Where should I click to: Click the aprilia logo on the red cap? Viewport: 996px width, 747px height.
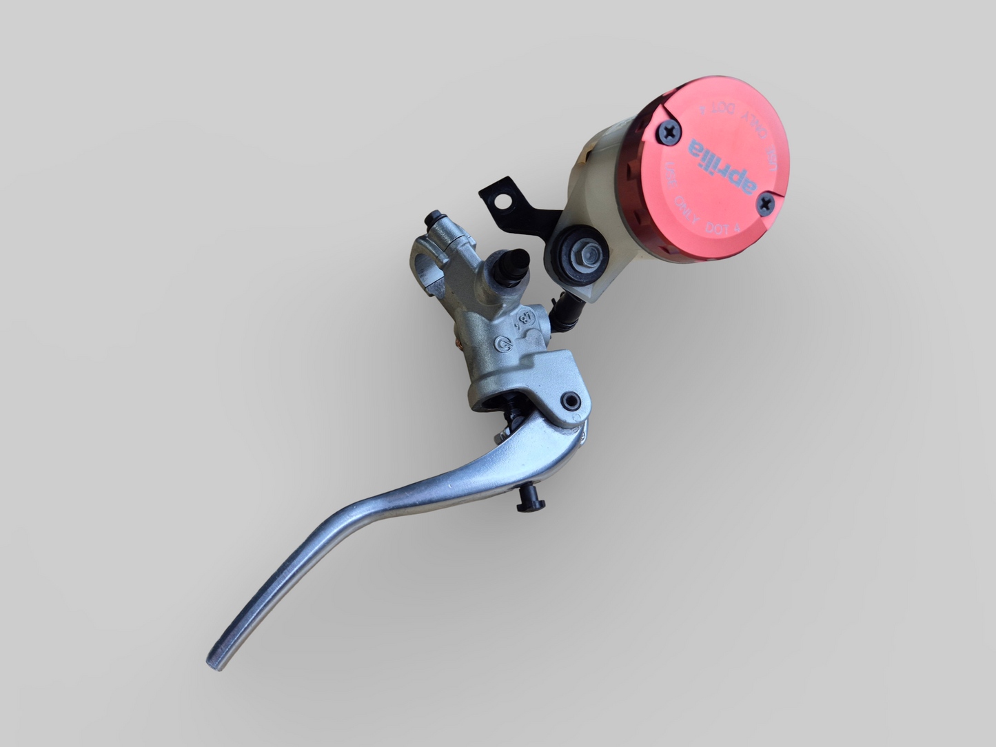[x=720, y=162]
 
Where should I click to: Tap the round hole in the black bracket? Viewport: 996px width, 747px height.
[x=507, y=201]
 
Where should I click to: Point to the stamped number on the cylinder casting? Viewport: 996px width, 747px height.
[x=527, y=318]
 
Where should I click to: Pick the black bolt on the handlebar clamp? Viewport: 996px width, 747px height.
[x=434, y=220]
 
